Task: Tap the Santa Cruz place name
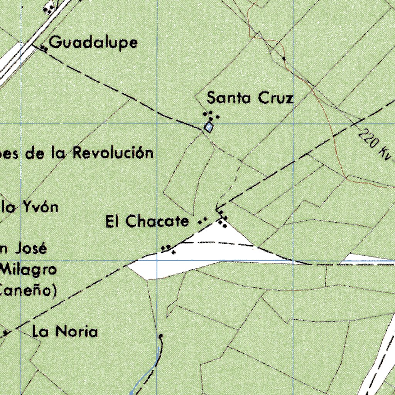(x=250, y=98)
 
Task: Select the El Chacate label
(x=147, y=221)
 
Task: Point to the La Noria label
(x=65, y=331)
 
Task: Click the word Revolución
(x=113, y=153)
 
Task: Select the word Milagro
(x=29, y=269)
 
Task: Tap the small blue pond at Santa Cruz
(x=209, y=127)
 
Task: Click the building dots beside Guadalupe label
(x=44, y=49)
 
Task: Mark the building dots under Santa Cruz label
(x=211, y=115)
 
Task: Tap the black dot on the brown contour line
(x=284, y=59)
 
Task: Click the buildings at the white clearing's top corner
(x=222, y=221)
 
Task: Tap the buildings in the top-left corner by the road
(x=49, y=8)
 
